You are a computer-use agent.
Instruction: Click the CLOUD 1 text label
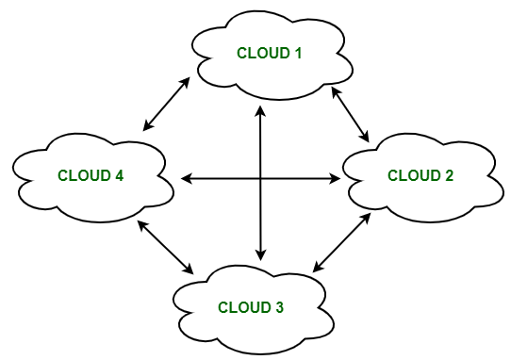pyautogui.click(x=269, y=53)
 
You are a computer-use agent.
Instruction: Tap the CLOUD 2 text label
pyautogui.click(x=420, y=175)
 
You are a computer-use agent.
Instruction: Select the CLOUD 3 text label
pyautogui.click(x=251, y=307)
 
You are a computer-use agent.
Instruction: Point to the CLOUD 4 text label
pyautogui.click(x=91, y=175)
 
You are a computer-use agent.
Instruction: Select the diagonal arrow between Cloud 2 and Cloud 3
pyautogui.click(x=340, y=244)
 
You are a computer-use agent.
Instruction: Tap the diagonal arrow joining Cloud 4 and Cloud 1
pyautogui.click(x=167, y=104)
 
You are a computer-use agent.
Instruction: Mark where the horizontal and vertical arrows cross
pyautogui.click(x=259, y=177)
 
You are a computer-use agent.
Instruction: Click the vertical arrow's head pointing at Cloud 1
pyautogui.click(x=259, y=107)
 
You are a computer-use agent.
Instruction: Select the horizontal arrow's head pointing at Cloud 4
pyautogui.click(x=186, y=177)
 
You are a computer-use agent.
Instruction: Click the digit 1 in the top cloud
pyautogui.click(x=297, y=53)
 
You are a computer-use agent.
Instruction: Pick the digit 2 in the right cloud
pyautogui.click(x=449, y=175)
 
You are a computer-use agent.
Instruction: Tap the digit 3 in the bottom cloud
pyautogui.click(x=279, y=307)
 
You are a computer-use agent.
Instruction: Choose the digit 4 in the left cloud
pyautogui.click(x=120, y=175)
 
